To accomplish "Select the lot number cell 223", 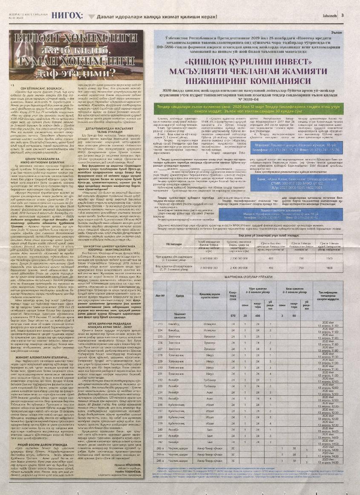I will coord(160,324).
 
